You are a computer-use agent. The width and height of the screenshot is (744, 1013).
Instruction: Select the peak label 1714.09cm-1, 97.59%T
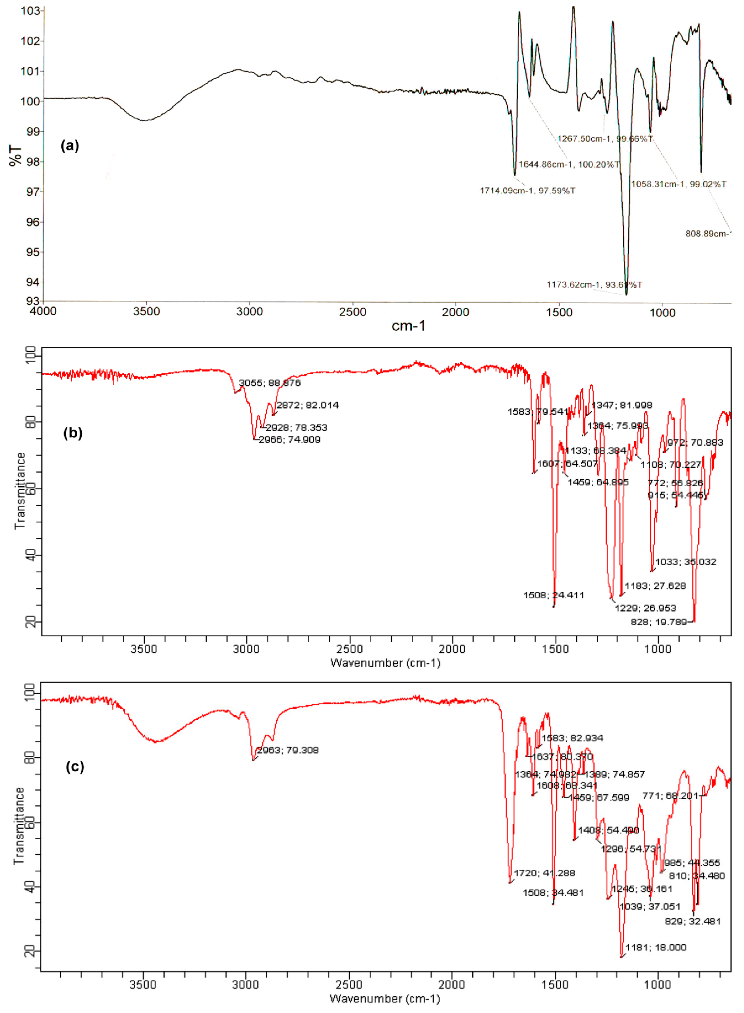pyautogui.click(x=527, y=191)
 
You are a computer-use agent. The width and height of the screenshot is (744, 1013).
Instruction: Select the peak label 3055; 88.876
pyautogui.click(x=269, y=383)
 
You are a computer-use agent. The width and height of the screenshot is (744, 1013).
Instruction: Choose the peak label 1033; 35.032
pyautogui.click(x=686, y=562)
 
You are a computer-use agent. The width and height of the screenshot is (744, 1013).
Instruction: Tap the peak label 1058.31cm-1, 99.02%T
pyautogui.click(x=678, y=184)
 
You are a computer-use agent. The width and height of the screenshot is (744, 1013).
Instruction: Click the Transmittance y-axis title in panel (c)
pyautogui.click(x=19, y=825)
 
